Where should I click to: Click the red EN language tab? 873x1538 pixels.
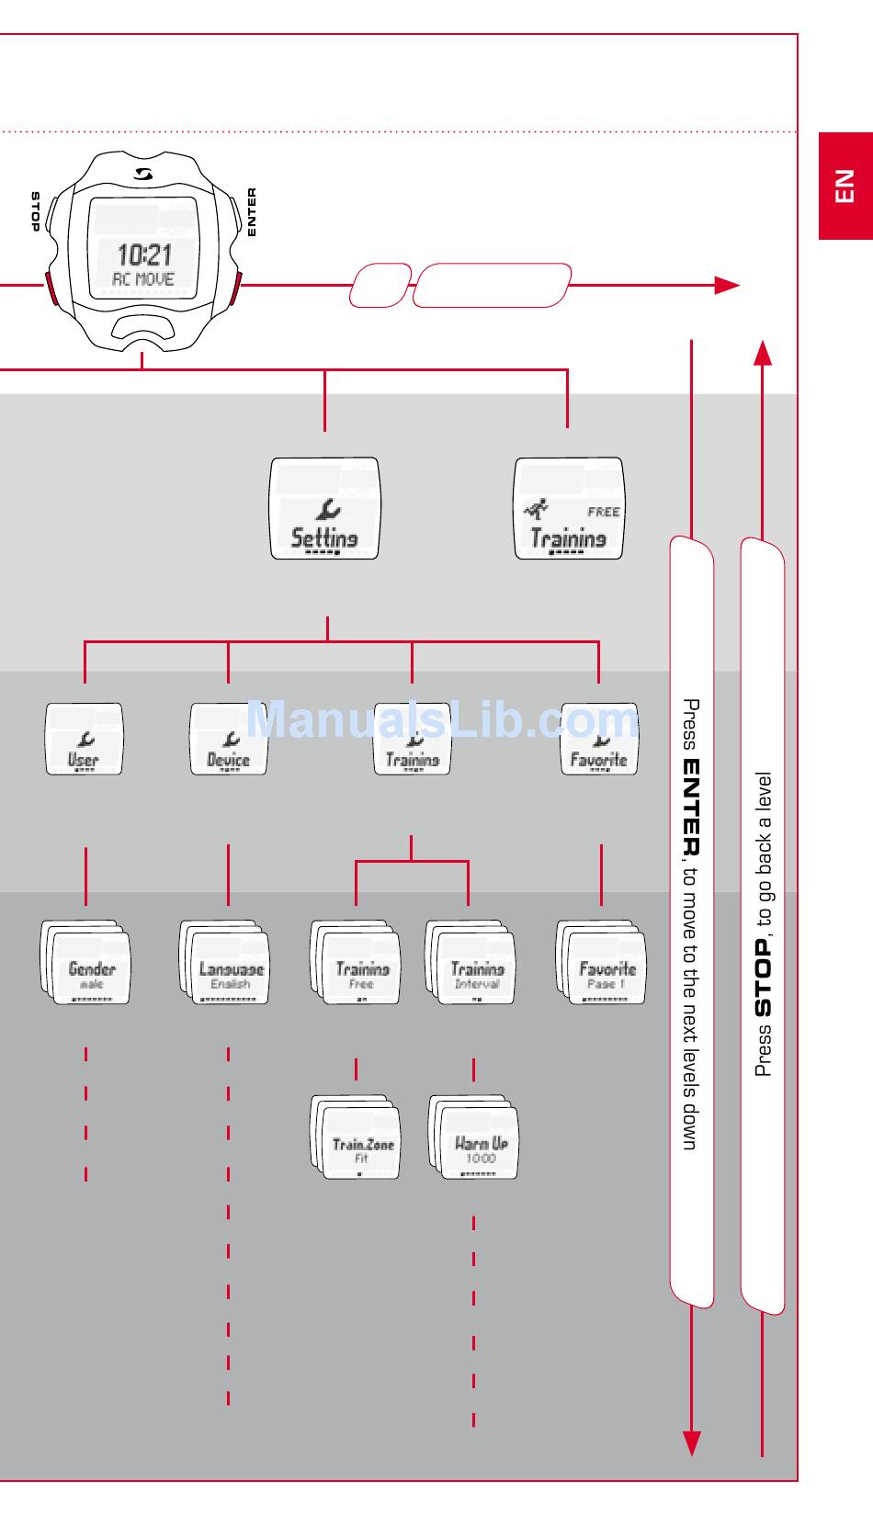pos(845,187)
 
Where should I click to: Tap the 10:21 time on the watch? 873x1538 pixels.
pos(144,254)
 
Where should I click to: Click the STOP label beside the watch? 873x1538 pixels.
pos(35,211)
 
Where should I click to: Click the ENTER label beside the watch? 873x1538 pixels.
pos(252,212)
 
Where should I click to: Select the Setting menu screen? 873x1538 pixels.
pos(324,509)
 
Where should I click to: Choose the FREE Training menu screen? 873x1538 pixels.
pos(568,509)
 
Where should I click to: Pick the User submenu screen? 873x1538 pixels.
pos(84,739)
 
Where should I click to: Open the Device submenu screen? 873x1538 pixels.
pos(229,739)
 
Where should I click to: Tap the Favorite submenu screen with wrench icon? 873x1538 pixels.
pos(599,739)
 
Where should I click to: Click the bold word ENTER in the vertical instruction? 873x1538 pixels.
pos(691,808)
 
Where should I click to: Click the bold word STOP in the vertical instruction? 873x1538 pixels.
pos(763,978)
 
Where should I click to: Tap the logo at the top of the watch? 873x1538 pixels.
pos(143,175)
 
